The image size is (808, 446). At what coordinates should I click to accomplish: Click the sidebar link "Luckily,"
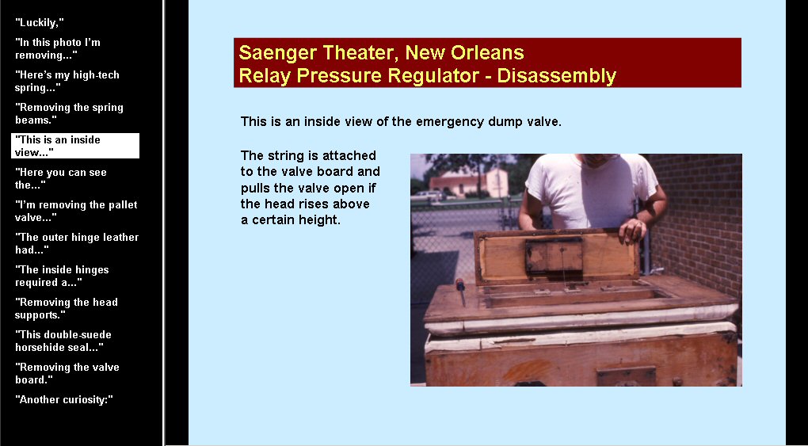(39, 23)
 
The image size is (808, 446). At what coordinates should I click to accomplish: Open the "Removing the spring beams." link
(69, 114)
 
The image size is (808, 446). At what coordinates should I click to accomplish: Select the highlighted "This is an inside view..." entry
(75, 146)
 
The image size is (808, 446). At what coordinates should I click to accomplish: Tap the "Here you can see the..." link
(61, 178)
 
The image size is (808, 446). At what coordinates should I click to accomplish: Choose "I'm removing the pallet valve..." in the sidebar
(76, 211)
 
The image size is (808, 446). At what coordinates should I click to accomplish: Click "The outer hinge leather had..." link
(77, 243)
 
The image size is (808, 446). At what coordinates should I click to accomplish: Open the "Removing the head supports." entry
(67, 308)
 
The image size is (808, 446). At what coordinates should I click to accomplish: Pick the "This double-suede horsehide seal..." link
(63, 341)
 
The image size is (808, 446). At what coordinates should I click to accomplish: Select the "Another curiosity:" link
(64, 399)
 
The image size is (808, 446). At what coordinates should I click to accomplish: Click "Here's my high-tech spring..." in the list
(67, 82)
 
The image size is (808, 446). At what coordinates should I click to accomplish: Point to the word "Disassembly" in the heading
(557, 76)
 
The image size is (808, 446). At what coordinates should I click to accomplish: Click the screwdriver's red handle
(459, 284)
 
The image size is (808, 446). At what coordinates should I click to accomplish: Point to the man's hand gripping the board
(632, 231)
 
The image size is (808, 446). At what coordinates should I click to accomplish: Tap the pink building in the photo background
(468, 183)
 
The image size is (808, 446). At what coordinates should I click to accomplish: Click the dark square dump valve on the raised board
(554, 255)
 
